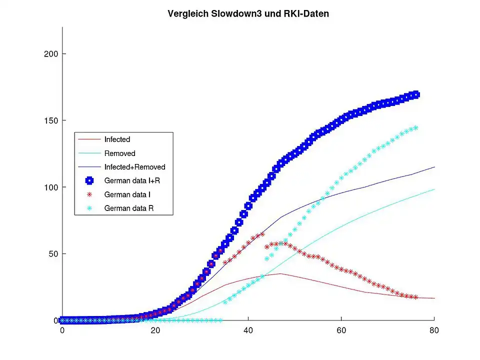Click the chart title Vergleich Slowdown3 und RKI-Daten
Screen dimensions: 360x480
pos(248,14)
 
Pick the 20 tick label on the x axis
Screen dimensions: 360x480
pos(155,330)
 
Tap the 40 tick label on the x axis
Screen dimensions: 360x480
pos(248,330)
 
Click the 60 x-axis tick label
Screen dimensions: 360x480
pos(341,330)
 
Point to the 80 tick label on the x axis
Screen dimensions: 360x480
pos(434,330)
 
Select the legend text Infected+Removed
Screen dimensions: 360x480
pos(134,167)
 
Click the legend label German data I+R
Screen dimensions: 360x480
pos(131,180)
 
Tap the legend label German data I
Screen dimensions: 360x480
pos(127,194)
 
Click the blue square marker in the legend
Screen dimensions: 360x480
pos(89,180)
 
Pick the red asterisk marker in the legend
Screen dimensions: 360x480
pos(89,194)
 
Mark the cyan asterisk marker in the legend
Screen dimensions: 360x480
pos(89,208)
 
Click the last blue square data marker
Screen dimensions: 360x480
pos(415,95)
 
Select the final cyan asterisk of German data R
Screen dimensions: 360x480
pos(415,128)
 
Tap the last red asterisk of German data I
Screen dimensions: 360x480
pos(415,297)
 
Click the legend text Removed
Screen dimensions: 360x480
pos(119,153)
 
